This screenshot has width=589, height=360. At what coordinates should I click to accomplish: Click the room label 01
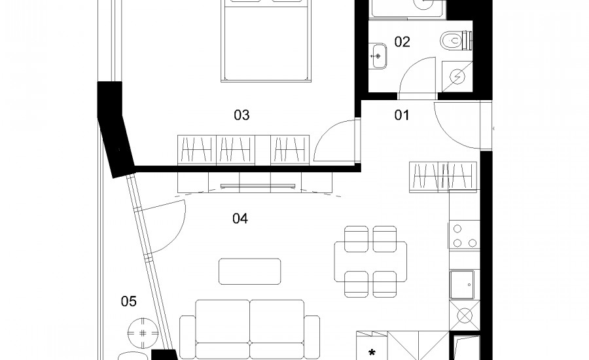pyautogui.click(x=402, y=115)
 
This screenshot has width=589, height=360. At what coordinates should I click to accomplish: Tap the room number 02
pyautogui.click(x=402, y=42)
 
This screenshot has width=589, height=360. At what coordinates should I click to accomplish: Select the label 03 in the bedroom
pyautogui.click(x=241, y=115)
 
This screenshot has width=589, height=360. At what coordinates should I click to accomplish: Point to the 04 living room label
pyautogui.click(x=240, y=219)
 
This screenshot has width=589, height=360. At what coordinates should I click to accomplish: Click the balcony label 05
pyautogui.click(x=128, y=301)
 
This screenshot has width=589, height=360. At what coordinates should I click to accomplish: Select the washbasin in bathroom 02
pyautogui.click(x=378, y=56)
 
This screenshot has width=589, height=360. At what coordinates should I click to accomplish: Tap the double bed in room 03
pyautogui.click(x=267, y=41)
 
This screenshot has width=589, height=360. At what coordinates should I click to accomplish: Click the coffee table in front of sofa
pyautogui.click(x=250, y=272)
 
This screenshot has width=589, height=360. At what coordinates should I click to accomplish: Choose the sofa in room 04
pyautogui.click(x=250, y=329)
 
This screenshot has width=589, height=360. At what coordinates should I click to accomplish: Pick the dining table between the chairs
pyautogui.click(x=370, y=262)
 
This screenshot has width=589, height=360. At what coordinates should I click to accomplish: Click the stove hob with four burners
pyautogui.click(x=464, y=236)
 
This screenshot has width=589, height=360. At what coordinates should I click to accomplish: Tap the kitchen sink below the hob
pyautogui.click(x=463, y=284)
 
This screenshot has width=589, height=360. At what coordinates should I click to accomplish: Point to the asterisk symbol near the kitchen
pyautogui.click(x=372, y=353)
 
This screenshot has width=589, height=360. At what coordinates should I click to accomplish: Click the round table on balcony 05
pyautogui.click(x=143, y=333)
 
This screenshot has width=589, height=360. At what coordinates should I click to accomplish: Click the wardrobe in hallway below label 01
pyautogui.click(x=443, y=176)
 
